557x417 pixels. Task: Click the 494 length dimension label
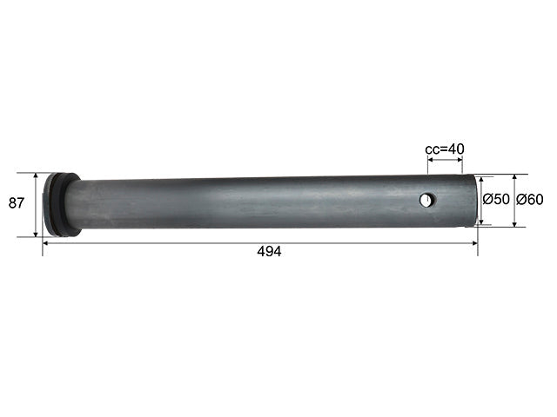(x=269, y=251)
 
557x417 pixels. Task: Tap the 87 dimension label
(x=17, y=203)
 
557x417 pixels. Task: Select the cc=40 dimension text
(x=445, y=149)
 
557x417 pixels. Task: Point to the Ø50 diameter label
(x=496, y=199)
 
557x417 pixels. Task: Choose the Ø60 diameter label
(x=530, y=200)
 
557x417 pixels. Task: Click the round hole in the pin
(x=427, y=200)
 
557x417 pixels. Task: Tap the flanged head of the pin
(x=61, y=205)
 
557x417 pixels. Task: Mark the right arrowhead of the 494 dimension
(x=474, y=243)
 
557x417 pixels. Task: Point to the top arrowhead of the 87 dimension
(x=36, y=175)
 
